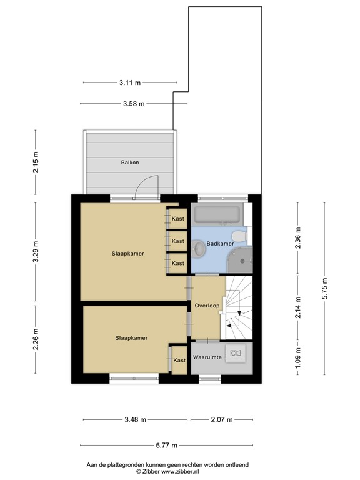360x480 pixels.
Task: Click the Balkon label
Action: pos(129,162)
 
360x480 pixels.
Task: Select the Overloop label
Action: pos(206,306)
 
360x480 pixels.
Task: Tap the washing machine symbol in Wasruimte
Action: pos(236,353)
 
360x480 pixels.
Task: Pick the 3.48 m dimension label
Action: pos(135,419)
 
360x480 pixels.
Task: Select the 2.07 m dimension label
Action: pos(221,419)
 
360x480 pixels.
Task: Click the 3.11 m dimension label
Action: pos(129,82)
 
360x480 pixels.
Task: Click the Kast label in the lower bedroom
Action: pos(179,361)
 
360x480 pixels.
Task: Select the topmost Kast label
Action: pos(178,219)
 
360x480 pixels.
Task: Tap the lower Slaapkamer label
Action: pos(131,337)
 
